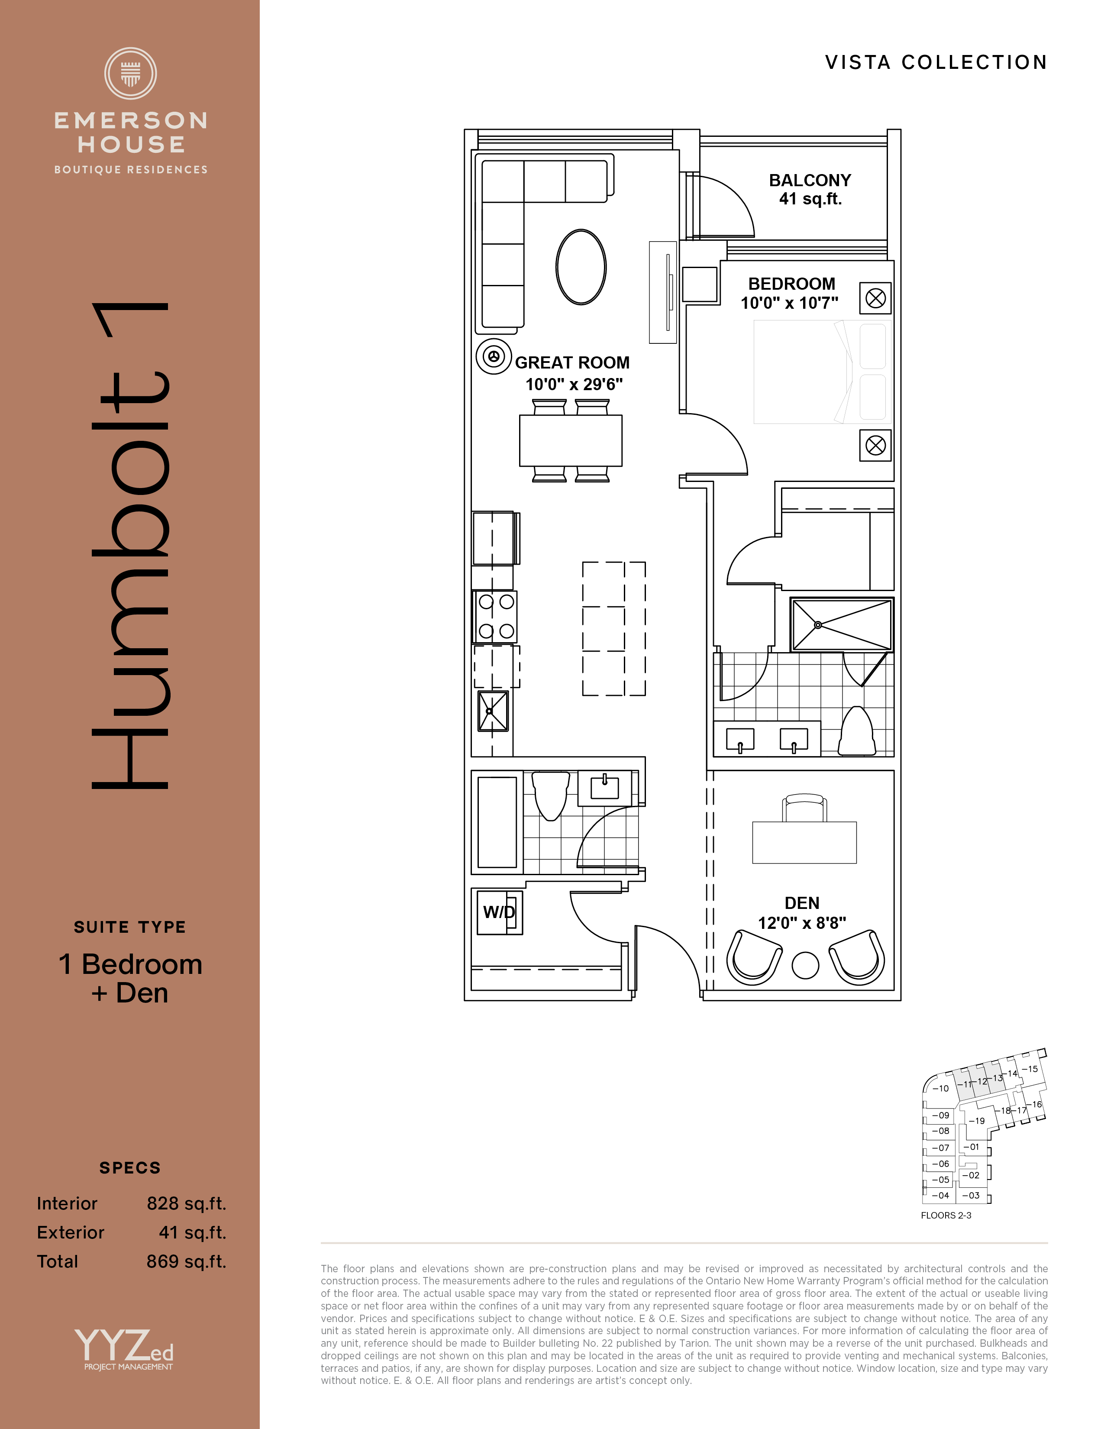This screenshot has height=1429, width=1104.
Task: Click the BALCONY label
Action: coord(810,180)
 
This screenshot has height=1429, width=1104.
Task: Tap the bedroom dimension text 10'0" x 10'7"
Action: coord(789,303)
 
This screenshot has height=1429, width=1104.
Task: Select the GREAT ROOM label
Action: coord(572,362)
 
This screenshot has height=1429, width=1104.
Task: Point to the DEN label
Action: coord(802,903)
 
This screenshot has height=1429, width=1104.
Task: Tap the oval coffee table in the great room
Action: coord(581,267)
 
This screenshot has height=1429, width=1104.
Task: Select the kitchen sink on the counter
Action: coord(493,711)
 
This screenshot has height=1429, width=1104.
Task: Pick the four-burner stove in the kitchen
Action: coord(495,616)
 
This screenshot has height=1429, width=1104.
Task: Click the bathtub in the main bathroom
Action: coord(497,822)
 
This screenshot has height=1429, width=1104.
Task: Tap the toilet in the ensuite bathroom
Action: coord(857,731)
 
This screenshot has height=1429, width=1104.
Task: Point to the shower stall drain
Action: coord(817,625)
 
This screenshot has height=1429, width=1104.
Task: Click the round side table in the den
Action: coord(805,965)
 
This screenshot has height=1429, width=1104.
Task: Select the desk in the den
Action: coord(804,842)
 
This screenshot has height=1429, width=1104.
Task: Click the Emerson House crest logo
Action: coord(131,73)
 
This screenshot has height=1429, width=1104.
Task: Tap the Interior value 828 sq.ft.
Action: coord(187,1203)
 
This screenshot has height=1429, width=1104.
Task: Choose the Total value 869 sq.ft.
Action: coord(187,1261)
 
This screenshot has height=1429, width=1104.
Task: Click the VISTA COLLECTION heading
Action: coord(936,62)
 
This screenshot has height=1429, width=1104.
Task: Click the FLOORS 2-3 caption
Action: coord(946,1215)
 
